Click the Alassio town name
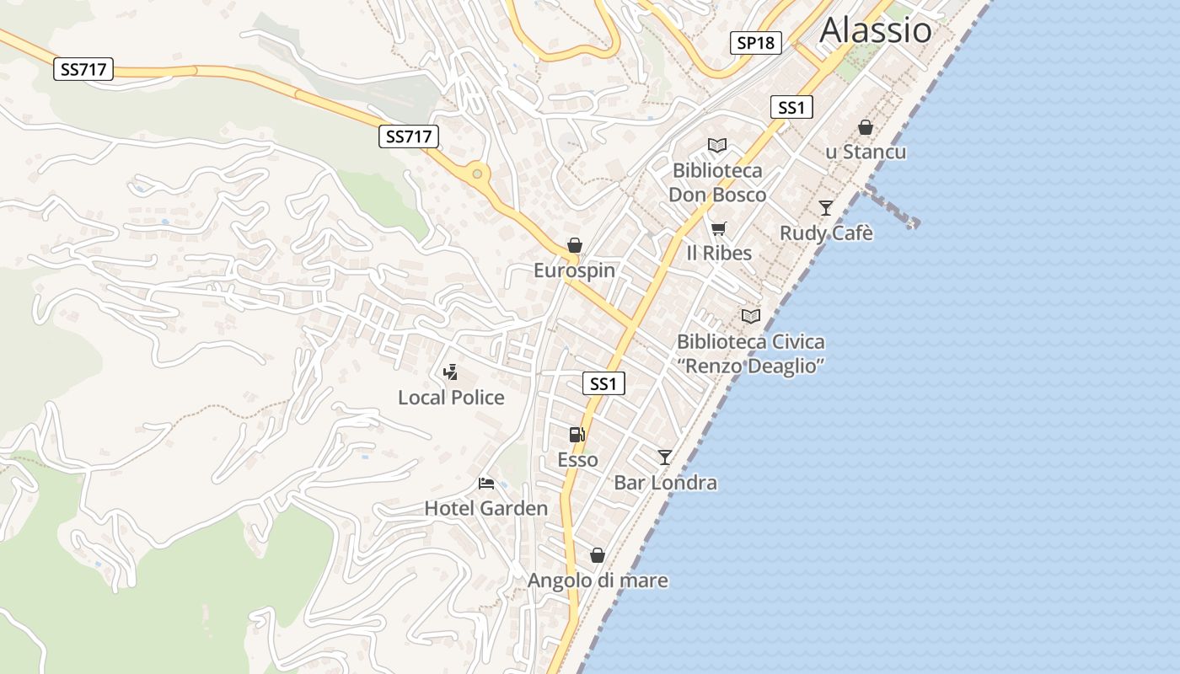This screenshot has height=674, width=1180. coord(876,30)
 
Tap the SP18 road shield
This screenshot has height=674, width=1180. coord(755,43)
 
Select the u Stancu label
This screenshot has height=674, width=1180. coord(866,152)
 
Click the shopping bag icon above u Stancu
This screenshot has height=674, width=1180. coord(865,127)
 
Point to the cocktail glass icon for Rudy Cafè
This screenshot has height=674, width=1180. coord(825,207)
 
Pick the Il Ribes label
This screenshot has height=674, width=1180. coord(718,253)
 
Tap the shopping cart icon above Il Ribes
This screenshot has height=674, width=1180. coord(718,228)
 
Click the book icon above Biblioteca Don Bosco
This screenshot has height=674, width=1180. coord(716,146)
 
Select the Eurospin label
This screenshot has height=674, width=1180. coord(574,270)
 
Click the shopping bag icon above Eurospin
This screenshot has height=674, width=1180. coord(574,245)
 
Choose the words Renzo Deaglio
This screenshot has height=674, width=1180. coord(750,366)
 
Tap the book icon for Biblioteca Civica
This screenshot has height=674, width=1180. coord(750,316)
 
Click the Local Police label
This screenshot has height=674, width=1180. coord(451,398)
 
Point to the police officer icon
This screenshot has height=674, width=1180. coord(451,372)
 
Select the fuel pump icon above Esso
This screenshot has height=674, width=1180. coord(577,435)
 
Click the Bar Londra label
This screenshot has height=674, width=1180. coord(665,483)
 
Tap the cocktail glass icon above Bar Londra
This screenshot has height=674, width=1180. coord(665,457)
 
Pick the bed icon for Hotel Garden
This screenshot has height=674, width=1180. coord(486,483)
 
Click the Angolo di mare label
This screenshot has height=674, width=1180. coord(598,580)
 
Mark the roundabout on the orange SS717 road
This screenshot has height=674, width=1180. coord(477,174)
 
